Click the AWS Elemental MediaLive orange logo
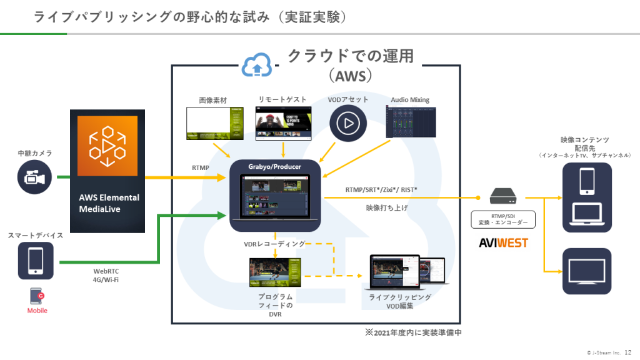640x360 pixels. tap(107, 145)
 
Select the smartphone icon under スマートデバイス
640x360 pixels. tap(35, 260)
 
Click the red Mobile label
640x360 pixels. tap(37, 311)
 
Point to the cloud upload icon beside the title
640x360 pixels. tap(257, 65)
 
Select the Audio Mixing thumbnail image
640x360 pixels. tap(411, 122)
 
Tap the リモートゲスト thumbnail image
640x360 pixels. tap(284, 122)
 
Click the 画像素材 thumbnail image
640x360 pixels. tap(214, 122)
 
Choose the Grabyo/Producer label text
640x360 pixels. tap(275, 167)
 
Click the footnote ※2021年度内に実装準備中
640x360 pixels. tap(413, 332)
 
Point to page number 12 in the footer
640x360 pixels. tap(627, 352)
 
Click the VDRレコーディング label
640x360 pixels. tap(274, 243)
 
